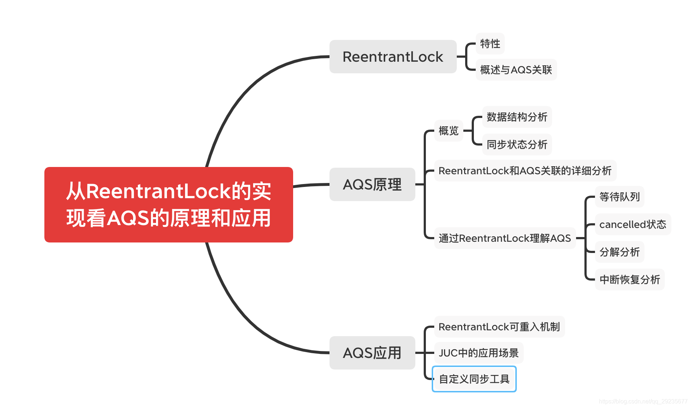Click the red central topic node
point(168,204)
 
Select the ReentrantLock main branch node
point(393,57)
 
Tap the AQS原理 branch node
point(372,184)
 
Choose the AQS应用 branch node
point(372,353)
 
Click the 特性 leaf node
point(490,44)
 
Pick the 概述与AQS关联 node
point(516,70)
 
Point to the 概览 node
point(448,131)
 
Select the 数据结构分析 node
point(517,117)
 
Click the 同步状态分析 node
point(517,144)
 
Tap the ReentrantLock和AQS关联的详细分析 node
point(525,171)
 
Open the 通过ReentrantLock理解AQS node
point(505,238)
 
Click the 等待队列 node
point(619,197)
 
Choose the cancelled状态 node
point(632,224)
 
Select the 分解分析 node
point(619,252)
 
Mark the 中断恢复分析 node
point(630,280)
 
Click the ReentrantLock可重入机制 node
point(499,327)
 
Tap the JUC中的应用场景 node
point(479,353)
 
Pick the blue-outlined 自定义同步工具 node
point(474,379)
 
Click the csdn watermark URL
point(643,401)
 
